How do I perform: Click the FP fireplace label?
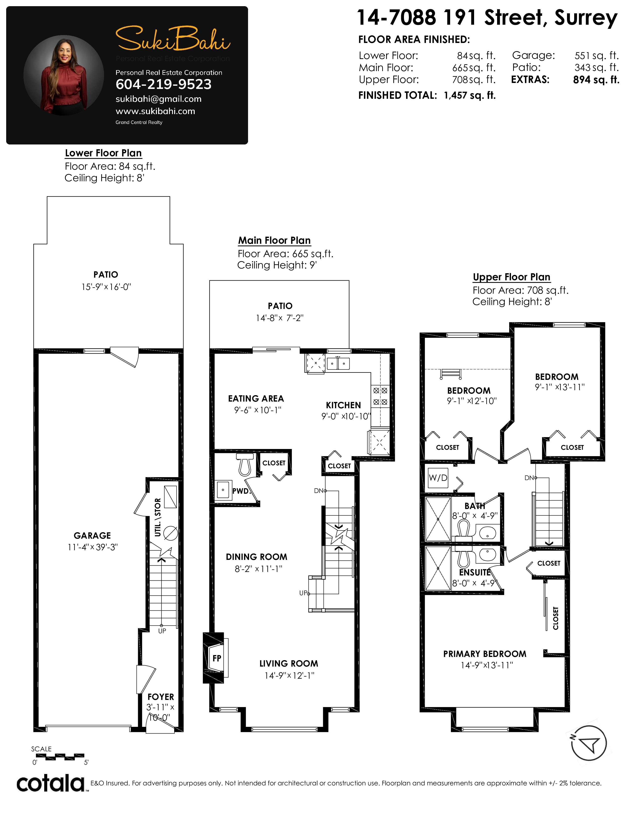click(217, 658)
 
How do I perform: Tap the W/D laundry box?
click(438, 478)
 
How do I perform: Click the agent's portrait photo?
click(64, 75)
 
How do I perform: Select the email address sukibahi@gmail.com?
click(159, 99)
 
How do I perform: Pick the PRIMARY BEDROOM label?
click(485, 654)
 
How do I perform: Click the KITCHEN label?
click(343, 405)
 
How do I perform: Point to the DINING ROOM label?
click(256, 557)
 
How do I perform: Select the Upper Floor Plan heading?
click(512, 277)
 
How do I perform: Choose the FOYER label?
click(161, 697)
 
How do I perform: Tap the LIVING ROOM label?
click(289, 664)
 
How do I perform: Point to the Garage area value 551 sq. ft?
click(596, 56)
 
